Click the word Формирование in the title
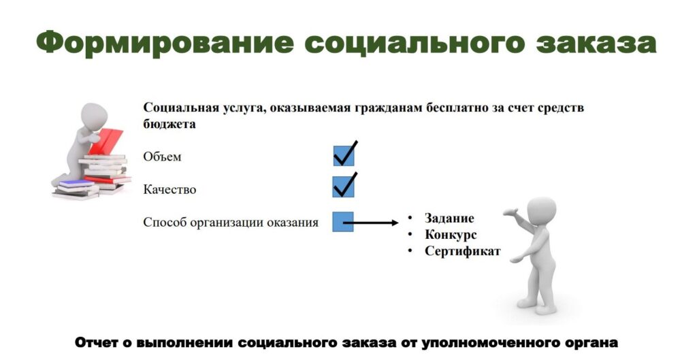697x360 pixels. [x=165, y=43]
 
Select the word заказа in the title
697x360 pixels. [x=596, y=44]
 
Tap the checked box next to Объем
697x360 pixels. [x=344, y=155]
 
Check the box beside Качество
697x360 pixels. [x=344, y=186]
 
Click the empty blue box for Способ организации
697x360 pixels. [x=343, y=221]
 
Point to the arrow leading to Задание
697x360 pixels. [x=371, y=223]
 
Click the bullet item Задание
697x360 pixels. [x=449, y=218]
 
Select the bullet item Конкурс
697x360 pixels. [x=451, y=235]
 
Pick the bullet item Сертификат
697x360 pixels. [x=463, y=251]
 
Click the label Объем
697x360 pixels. [x=162, y=157]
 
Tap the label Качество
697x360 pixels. [x=169, y=190]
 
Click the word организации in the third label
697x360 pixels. [x=227, y=223]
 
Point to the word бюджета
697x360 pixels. [x=169, y=124]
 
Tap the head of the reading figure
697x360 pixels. [x=94, y=117]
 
